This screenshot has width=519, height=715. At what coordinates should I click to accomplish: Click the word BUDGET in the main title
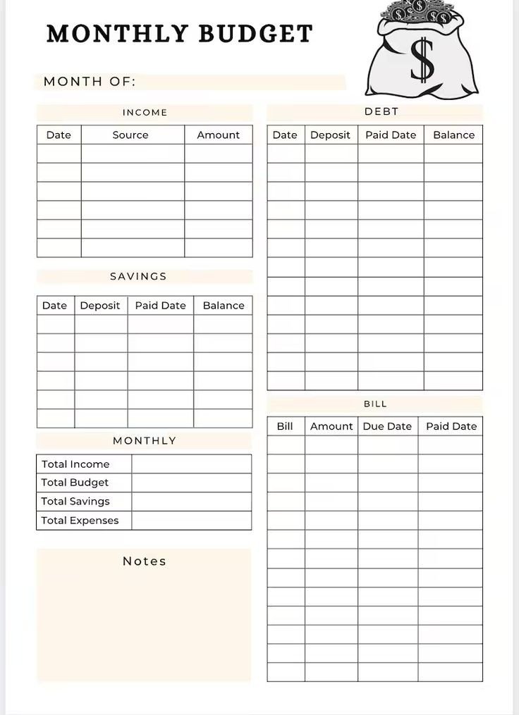point(256,34)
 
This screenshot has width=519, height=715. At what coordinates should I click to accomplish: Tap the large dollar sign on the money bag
point(422,60)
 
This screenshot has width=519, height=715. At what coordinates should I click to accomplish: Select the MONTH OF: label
point(90,82)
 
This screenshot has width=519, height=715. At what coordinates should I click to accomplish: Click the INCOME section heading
point(145,112)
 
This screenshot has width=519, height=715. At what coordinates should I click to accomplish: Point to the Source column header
point(130,135)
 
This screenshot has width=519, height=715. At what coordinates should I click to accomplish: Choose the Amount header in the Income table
point(219,135)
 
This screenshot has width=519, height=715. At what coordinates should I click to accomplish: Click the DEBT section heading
point(381,111)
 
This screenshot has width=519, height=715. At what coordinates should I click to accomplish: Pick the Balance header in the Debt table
point(453,135)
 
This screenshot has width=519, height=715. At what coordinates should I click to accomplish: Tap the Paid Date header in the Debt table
point(391,135)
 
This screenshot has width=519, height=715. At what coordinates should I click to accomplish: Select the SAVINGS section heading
point(138,276)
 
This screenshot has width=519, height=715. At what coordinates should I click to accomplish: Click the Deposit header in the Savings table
point(100,305)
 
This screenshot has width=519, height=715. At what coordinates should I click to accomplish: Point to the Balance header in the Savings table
point(224,305)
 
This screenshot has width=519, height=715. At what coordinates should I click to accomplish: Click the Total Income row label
point(75,464)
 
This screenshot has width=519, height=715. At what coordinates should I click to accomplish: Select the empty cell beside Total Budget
point(191,483)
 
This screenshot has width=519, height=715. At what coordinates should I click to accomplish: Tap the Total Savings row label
point(75,501)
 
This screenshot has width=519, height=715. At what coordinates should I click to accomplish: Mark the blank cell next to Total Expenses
point(191,520)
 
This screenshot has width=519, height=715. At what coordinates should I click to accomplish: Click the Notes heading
point(145,561)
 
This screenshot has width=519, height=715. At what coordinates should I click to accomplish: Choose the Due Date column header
point(387,426)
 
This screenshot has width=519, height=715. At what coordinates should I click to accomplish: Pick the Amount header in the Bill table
point(331,426)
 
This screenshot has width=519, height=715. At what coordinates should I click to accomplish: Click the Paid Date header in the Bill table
point(451,426)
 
